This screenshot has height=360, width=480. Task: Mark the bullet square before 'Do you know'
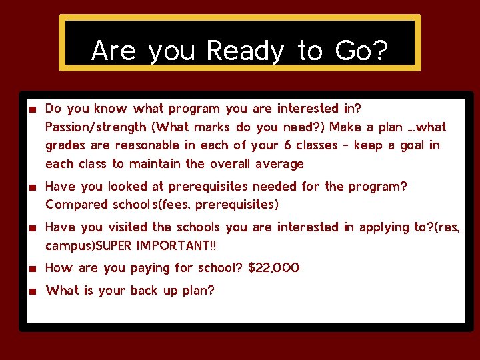(x=31, y=109)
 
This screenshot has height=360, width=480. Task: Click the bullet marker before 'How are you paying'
(x=31, y=269)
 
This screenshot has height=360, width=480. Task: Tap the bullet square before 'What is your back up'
(x=31, y=291)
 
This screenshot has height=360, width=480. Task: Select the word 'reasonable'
(x=147, y=145)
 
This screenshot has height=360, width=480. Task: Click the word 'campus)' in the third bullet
(x=68, y=246)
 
